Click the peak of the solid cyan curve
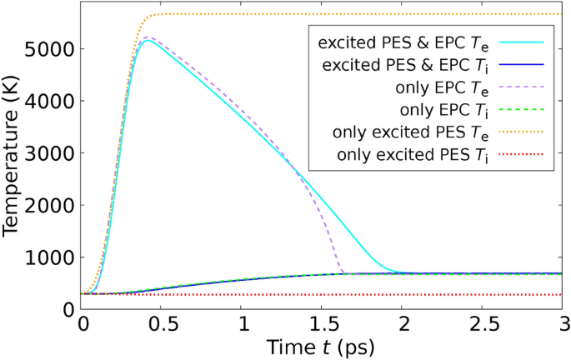pyautogui.click(x=148, y=41)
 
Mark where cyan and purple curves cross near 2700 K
pyautogui.click(x=295, y=169)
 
